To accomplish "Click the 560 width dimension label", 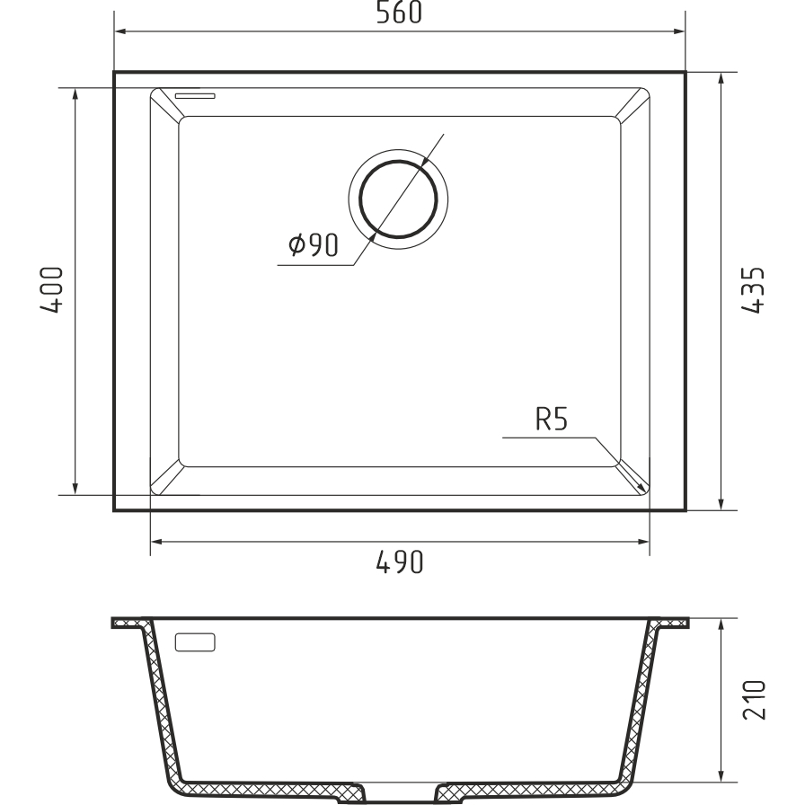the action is click(x=399, y=13).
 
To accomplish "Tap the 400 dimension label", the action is click(x=52, y=289).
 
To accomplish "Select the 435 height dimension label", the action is click(x=753, y=290).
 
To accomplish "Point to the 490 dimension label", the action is click(x=400, y=562).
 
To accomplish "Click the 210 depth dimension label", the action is click(x=754, y=700).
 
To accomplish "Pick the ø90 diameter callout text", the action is click(x=314, y=245).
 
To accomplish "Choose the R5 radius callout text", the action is click(x=552, y=419).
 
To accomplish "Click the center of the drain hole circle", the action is click(x=398, y=199).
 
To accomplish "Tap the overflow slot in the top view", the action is click(x=195, y=95).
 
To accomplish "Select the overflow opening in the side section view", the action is click(x=195, y=642).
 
